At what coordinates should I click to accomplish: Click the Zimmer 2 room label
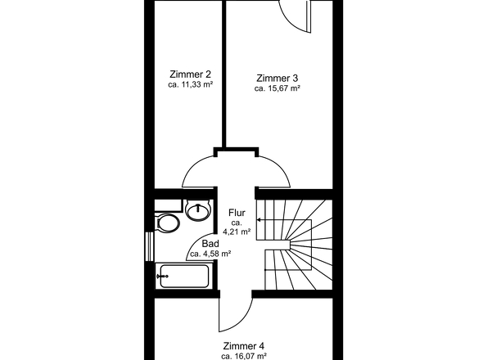click(x=191, y=74)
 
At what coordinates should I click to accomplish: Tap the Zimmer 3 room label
click(x=278, y=78)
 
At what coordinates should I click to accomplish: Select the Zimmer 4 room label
click(x=244, y=346)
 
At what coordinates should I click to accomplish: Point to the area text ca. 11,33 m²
click(x=191, y=85)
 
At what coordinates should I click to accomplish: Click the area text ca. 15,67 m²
click(x=278, y=88)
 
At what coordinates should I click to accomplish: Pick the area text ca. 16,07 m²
click(x=244, y=356)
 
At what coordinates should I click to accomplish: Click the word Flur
click(x=237, y=213)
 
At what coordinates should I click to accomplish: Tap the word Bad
click(x=210, y=244)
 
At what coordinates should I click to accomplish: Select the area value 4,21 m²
click(x=237, y=232)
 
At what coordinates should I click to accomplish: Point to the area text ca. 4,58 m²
click(x=210, y=254)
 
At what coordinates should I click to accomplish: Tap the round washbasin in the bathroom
click(x=199, y=209)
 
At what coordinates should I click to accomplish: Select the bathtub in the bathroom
click(x=184, y=276)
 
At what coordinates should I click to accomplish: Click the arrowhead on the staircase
click(x=259, y=220)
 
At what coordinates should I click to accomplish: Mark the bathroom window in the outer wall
click(x=149, y=246)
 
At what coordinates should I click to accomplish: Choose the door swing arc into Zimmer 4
click(x=242, y=322)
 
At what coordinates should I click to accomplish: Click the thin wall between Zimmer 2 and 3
click(x=224, y=74)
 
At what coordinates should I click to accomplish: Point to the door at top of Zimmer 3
click(x=296, y=16)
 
